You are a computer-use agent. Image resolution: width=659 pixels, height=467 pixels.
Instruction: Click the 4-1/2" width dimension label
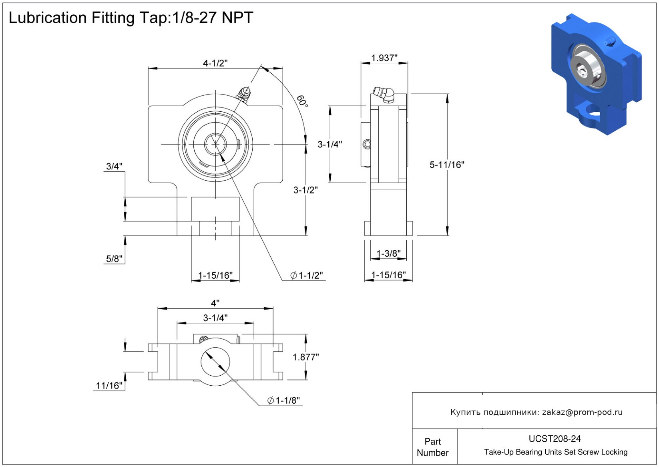(215, 63)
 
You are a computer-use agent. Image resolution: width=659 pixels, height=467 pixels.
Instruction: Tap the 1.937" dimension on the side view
(384, 58)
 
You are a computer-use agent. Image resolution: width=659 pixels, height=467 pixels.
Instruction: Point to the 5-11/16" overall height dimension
(447, 165)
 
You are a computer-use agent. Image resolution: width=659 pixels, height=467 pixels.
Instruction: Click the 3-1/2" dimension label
(305, 190)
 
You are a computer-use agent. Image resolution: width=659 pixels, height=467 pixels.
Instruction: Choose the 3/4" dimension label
(114, 166)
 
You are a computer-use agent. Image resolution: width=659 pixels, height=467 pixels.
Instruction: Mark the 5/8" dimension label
(114, 259)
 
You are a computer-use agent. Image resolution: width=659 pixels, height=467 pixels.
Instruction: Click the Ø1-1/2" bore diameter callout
(307, 276)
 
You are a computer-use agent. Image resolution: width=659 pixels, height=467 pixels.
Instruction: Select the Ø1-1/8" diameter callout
(283, 401)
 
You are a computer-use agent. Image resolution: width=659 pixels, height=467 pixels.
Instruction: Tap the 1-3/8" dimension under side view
(388, 254)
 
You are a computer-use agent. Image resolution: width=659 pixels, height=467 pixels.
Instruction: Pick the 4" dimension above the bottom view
(215, 303)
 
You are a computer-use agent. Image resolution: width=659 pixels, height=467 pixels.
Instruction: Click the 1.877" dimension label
(305, 357)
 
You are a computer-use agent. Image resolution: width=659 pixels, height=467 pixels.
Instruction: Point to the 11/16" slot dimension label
(109, 386)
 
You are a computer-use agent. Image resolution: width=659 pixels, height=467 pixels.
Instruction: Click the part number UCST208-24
(555, 439)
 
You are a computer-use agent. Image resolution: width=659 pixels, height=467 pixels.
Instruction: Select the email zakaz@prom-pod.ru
(582, 412)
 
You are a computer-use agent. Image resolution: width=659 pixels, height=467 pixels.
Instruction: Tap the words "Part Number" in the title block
(433, 447)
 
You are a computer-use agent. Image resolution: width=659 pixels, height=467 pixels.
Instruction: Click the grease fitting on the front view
(243, 94)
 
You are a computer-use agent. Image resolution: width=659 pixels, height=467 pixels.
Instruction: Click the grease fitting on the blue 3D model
(609, 41)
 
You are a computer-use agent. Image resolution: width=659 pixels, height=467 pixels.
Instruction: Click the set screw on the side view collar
(367, 144)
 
